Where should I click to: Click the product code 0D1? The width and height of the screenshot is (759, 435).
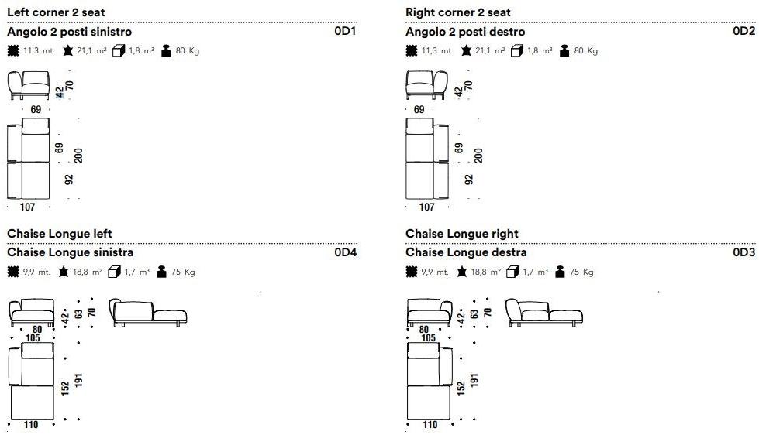[x=345, y=32]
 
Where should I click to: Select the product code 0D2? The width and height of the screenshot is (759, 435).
[x=743, y=32]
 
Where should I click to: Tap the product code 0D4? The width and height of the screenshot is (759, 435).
[x=345, y=252]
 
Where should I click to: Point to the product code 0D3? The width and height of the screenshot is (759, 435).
[x=743, y=252]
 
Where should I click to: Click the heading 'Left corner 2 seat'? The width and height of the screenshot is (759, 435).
[x=56, y=12]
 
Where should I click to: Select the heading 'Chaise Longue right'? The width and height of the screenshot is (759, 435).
[x=462, y=234]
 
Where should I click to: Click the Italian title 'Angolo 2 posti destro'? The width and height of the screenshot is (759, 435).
[x=465, y=32]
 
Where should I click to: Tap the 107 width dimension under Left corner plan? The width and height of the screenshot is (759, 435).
[x=28, y=207]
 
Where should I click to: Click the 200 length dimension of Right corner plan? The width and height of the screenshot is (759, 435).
[x=478, y=155]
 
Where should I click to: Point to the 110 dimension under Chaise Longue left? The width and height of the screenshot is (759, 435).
[x=31, y=425]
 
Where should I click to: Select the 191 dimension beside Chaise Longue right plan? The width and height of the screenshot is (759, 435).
[x=474, y=380]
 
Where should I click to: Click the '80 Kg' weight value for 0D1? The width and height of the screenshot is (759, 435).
[x=188, y=51]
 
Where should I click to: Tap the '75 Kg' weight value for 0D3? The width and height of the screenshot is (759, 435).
[x=582, y=272]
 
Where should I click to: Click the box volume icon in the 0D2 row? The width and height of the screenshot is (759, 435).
[x=517, y=51]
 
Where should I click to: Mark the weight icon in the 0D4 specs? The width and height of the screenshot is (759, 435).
[x=162, y=272]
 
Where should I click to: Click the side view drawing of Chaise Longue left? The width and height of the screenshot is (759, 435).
[x=148, y=312]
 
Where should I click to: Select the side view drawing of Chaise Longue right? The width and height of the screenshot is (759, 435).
[x=544, y=312]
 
